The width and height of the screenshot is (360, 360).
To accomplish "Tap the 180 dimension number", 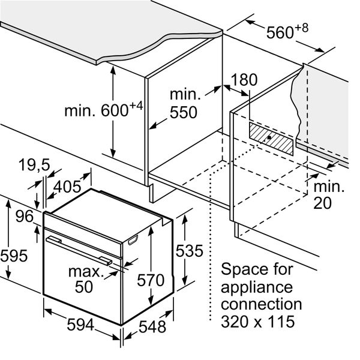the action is pyautogui.click(x=244, y=80).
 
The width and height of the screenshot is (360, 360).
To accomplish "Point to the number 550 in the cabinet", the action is pyautogui.click(x=184, y=113).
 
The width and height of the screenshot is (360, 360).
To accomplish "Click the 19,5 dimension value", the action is pyautogui.click(x=34, y=165).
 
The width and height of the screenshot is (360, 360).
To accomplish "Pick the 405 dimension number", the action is pyautogui.click(x=67, y=187).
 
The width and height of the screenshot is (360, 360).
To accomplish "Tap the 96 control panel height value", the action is pyautogui.click(x=25, y=216).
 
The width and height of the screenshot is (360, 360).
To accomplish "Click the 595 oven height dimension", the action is pyautogui.click(x=14, y=256).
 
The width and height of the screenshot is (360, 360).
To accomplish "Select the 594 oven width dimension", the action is pyautogui.click(x=80, y=325).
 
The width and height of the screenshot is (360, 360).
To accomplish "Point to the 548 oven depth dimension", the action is pyautogui.click(x=152, y=326).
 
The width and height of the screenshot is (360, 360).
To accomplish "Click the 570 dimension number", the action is pyautogui.click(x=151, y=280).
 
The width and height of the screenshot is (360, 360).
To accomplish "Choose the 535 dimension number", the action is pyautogui.click(x=190, y=250).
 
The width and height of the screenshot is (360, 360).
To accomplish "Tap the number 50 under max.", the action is pyautogui.click(x=84, y=287).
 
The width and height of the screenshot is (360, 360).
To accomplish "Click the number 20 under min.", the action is pyautogui.click(x=323, y=203).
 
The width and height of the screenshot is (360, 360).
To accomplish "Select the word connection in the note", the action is pyautogui.click(x=261, y=304).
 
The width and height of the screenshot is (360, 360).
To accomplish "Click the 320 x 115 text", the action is pyautogui.click(x=257, y=322).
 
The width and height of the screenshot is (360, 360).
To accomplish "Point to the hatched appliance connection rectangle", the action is pyautogui.click(x=271, y=139).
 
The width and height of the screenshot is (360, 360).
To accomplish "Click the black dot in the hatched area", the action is pyautogui.click(x=269, y=137).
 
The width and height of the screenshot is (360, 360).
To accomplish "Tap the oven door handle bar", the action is pyautogui.click(x=79, y=251).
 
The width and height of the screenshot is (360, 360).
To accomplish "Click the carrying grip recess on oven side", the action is pyautogui.click(x=133, y=239).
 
